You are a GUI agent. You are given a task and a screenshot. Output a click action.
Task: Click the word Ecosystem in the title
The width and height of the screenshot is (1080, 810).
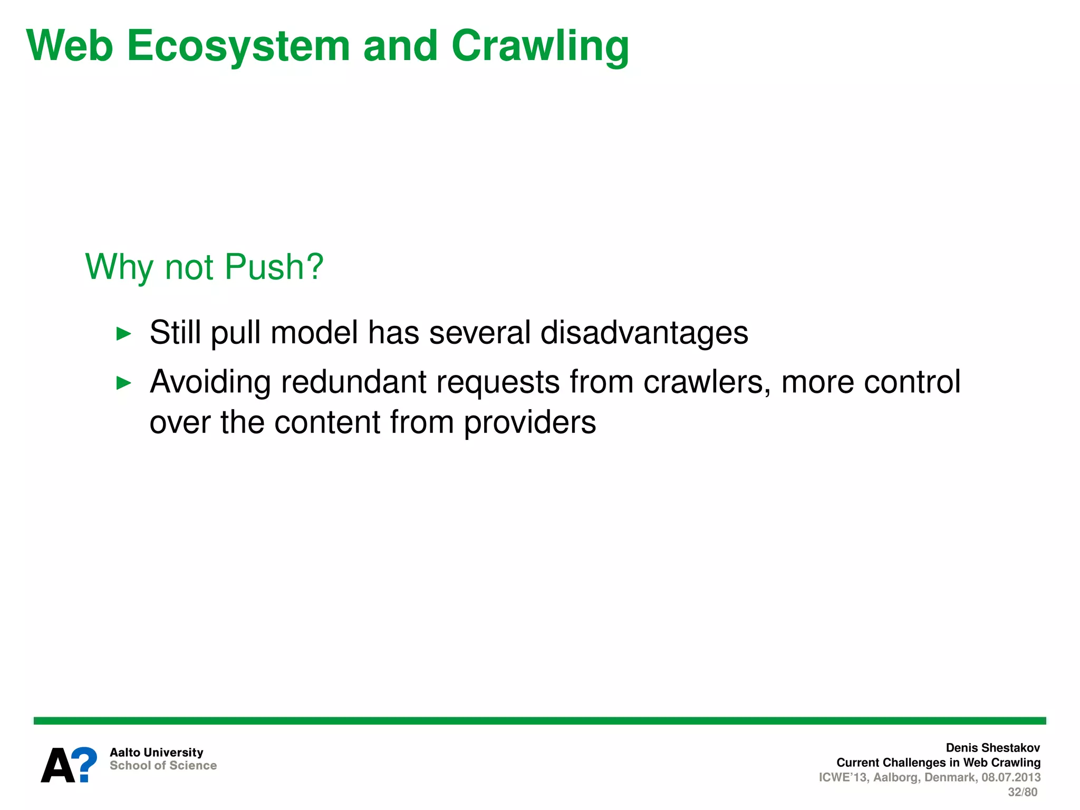(238, 46)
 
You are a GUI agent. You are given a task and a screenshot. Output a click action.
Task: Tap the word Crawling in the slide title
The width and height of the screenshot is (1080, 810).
(540, 46)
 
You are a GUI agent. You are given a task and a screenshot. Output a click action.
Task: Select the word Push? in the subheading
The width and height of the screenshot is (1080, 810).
(274, 267)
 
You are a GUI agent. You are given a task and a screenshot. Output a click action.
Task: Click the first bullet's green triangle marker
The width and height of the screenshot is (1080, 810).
(123, 334)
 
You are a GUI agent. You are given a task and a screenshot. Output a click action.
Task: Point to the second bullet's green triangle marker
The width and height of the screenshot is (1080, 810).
(123, 383)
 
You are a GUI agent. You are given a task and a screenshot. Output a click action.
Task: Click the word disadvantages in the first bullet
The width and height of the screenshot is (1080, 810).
(644, 333)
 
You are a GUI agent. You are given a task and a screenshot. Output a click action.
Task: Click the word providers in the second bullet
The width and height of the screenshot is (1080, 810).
(529, 423)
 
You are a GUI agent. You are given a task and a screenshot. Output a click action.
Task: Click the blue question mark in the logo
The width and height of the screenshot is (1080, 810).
(84, 764)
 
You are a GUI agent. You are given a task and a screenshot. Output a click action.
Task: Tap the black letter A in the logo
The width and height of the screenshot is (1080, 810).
(57, 766)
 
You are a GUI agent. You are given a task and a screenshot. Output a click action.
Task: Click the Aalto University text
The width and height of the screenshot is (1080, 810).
(156, 752)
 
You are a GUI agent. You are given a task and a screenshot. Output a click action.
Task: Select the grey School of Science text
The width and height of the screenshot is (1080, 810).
(163, 765)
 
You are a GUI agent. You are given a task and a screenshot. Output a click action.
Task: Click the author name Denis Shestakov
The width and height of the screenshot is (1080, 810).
(992, 748)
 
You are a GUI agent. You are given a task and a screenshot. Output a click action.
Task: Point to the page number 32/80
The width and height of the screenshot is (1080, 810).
(1022, 792)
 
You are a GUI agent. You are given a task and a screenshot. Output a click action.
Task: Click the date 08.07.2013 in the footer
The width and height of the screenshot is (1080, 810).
(1010, 777)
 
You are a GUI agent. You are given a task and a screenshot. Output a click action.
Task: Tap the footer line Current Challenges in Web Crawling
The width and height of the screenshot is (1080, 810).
(938, 763)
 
